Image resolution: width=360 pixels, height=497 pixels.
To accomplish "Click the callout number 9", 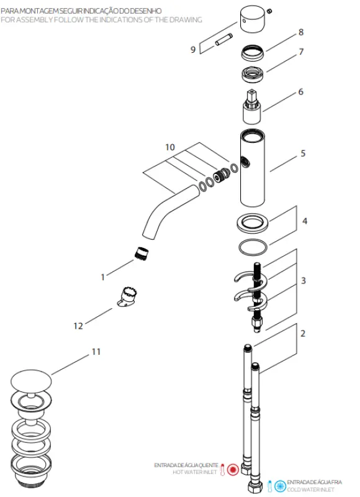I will click(x=194, y=49).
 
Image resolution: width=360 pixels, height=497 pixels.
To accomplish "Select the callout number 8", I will click(x=300, y=32).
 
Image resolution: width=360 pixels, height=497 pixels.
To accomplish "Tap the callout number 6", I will click(x=300, y=92).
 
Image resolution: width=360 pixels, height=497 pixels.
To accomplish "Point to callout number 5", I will click(x=303, y=153).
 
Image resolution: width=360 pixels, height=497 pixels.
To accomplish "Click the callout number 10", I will click(x=170, y=148).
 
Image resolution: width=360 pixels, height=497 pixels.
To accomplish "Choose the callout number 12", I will click(x=78, y=326).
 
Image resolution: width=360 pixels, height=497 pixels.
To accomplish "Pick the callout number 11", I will click(x=96, y=352).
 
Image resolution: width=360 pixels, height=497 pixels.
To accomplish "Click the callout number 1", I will click(x=103, y=277).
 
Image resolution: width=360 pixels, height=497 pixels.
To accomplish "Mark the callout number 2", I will click(x=303, y=334).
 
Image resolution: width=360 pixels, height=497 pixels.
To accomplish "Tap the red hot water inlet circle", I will click(x=233, y=469).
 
